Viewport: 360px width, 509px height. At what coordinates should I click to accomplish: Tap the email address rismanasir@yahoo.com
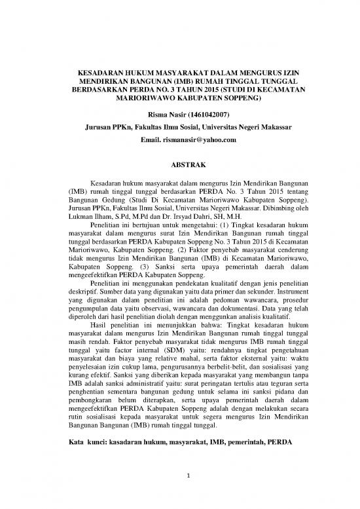click(x=192, y=141)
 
